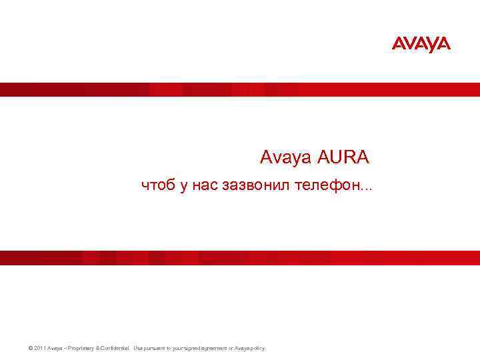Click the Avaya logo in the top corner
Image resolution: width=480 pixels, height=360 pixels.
421,44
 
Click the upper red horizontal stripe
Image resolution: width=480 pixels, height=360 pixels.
240,89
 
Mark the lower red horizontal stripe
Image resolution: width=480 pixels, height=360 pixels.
240,258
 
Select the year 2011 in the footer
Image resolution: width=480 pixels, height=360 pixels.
35,348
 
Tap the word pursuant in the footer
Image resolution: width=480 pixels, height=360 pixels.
153,348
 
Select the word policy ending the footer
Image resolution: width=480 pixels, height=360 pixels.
258,348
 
